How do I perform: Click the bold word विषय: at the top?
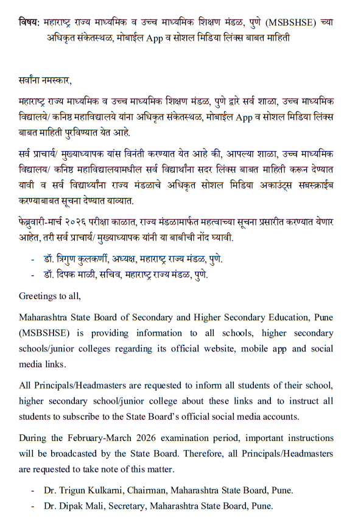click(29, 22)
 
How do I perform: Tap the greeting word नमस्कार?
click(54, 80)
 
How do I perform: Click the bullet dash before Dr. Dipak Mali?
click(33, 506)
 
